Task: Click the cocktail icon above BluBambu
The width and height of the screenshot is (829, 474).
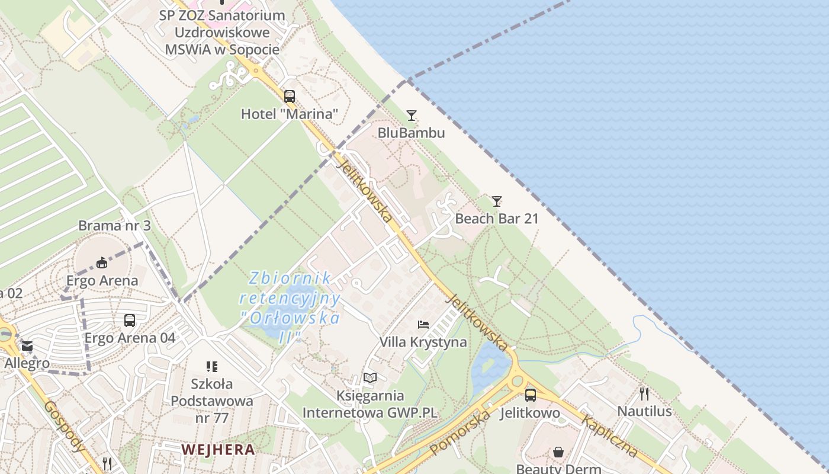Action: point(412,116)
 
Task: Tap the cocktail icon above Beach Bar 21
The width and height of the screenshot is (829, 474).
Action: point(497,201)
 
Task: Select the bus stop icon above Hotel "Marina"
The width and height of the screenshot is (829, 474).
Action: point(290,97)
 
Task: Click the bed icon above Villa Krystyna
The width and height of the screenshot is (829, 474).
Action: point(423,325)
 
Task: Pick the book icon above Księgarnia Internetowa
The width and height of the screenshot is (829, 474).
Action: point(370,378)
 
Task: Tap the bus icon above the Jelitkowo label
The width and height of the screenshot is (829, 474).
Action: point(531,395)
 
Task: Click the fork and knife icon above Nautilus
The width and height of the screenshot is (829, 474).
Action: point(644,393)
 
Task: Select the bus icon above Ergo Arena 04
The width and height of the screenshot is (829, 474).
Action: point(130,321)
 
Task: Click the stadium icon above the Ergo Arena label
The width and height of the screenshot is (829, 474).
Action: point(102,262)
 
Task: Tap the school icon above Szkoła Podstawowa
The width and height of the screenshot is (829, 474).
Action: point(212,367)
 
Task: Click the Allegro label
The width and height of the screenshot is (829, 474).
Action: point(27,363)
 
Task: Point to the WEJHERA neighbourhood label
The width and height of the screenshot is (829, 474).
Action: point(219,450)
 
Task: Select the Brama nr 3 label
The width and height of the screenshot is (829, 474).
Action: point(115,226)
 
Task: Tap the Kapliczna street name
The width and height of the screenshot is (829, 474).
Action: point(610,436)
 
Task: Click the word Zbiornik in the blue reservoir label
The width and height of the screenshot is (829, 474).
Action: point(289,278)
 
